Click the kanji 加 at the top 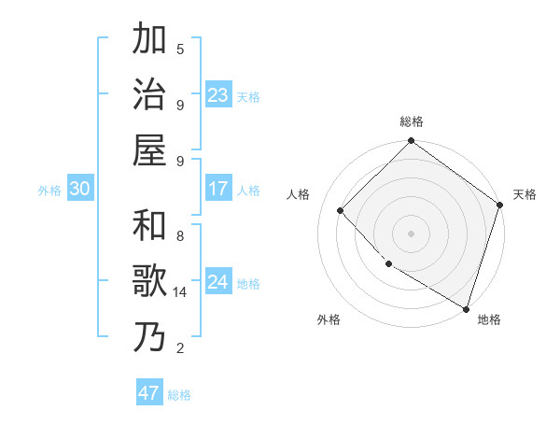(150, 40)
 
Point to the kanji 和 (150, 226)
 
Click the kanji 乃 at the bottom (150, 336)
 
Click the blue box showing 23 (218, 95)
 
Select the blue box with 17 (218, 189)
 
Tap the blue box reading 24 (218, 282)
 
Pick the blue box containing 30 (80, 189)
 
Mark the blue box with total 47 (149, 393)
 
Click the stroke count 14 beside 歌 (180, 292)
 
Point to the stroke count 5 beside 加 (180, 49)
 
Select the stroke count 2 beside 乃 (180, 348)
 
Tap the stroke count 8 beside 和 (180, 236)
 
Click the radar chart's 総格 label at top (412, 121)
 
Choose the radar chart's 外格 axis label (329, 319)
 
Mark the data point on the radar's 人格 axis (341, 210)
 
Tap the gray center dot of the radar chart (412, 233)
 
